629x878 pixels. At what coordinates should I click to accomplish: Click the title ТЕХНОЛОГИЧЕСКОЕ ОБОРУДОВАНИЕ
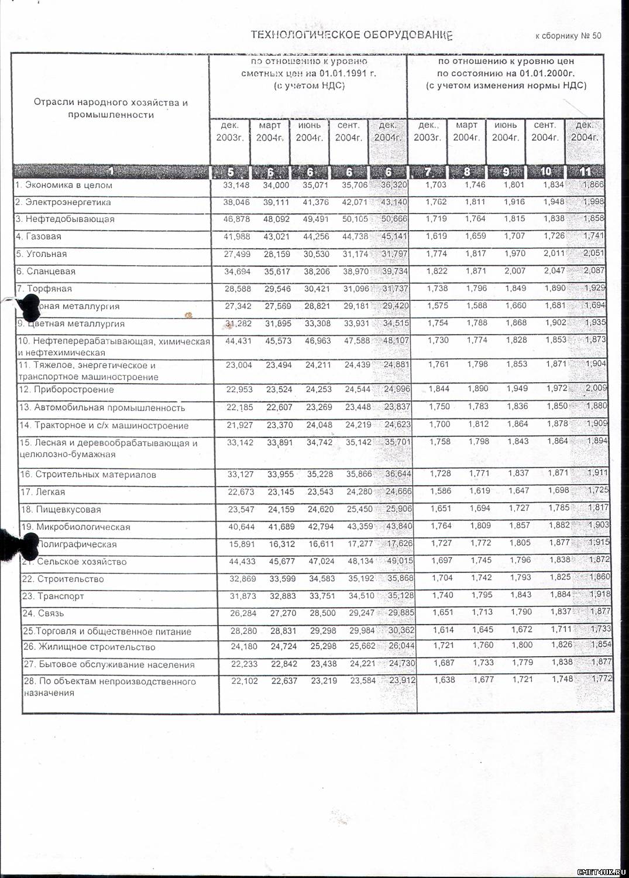click(x=352, y=35)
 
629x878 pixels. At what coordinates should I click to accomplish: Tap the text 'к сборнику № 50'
click(x=568, y=36)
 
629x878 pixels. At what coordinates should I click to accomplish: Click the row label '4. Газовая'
click(x=39, y=237)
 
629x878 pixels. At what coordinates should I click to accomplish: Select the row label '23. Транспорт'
click(x=53, y=596)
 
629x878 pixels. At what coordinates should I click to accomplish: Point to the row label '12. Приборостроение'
click(x=66, y=390)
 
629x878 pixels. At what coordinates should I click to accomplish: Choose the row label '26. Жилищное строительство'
click(x=88, y=647)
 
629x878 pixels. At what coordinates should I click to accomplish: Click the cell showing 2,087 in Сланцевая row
click(x=594, y=271)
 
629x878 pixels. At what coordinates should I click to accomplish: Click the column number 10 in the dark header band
click(x=545, y=172)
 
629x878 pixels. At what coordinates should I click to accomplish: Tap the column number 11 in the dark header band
click(x=585, y=172)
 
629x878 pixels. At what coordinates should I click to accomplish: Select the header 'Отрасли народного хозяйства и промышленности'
click(x=111, y=109)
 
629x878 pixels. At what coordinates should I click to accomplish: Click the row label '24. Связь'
click(x=42, y=614)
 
